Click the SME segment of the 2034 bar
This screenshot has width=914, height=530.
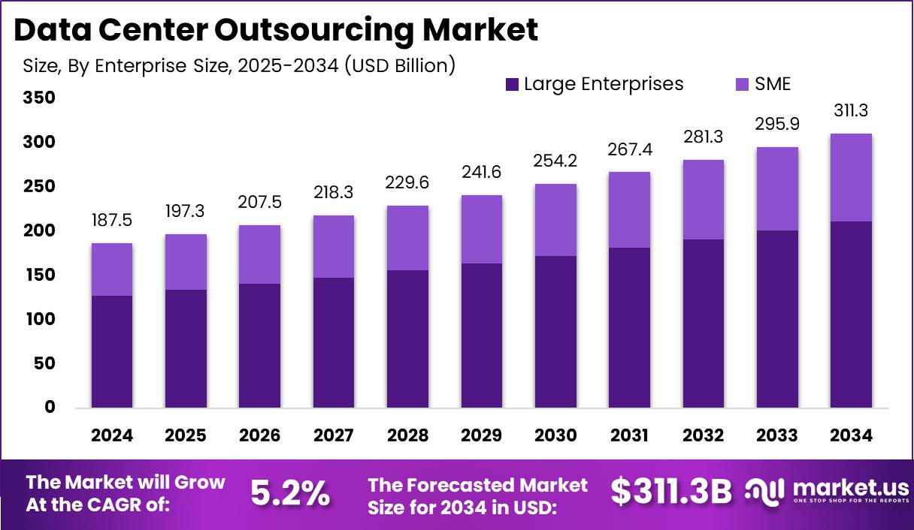click(x=851, y=178)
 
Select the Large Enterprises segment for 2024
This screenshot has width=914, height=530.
click(x=112, y=351)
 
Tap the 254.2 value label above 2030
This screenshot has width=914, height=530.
click(x=555, y=161)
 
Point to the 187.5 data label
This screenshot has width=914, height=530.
click(x=112, y=221)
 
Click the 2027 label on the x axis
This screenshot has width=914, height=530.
click(x=334, y=435)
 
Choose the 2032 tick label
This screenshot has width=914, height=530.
click(x=703, y=435)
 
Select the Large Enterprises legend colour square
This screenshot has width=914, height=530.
click(x=512, y=84)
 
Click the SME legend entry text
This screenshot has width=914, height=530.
click(x=773, y=84)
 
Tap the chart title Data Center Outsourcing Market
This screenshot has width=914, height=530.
click(x=275, y=30)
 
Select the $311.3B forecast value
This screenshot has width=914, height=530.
click(x=670, y=492)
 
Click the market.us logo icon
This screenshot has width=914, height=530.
click(x=764, y=492)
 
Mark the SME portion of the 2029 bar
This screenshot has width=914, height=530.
click(x=481, y=229)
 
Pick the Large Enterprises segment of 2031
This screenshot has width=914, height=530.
click(x=629, y=327)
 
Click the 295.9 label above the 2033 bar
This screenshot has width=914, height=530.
click(x=776, y=124)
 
